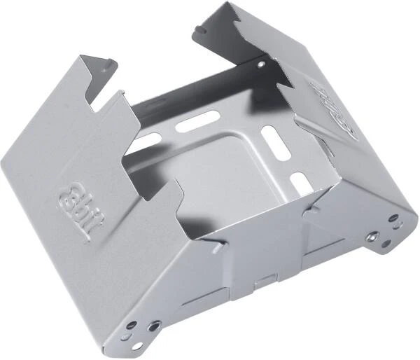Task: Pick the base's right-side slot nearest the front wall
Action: [x=299, y=184]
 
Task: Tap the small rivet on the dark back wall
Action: [x=260, y=64]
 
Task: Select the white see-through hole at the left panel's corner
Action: [x=131, y=324]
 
